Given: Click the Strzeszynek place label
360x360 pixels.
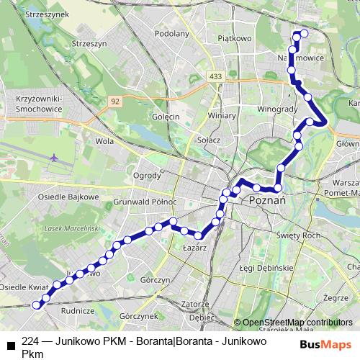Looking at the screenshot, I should tap(26, 14).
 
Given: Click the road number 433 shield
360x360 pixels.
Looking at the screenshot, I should tap(216, 76).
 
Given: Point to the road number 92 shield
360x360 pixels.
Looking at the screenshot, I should tap(115, 102).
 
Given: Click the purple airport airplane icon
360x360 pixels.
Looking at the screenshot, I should tap(56, 157).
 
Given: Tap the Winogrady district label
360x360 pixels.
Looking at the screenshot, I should tap(278, 109).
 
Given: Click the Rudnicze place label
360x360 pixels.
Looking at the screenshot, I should tap(79, 311).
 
